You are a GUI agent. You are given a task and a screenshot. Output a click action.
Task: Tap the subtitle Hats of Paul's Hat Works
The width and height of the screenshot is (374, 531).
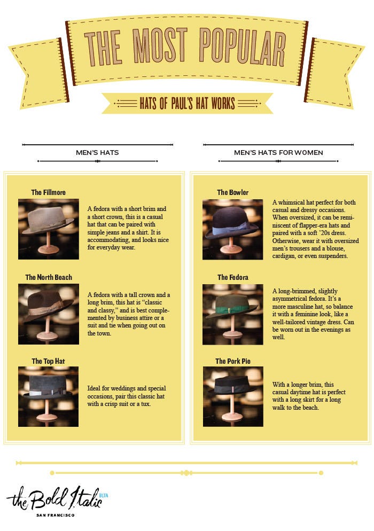(x=187, y=103)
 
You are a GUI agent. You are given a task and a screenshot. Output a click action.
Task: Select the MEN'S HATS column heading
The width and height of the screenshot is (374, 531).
(x=97, y=153)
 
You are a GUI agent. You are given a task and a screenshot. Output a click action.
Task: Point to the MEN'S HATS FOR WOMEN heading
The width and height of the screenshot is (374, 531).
(x=278, y=153)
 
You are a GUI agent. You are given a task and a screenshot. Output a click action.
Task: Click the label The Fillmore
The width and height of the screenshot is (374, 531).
(x=49, y=192)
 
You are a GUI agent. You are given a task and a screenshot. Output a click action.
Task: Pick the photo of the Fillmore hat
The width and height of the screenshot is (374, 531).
(x=48, y=229)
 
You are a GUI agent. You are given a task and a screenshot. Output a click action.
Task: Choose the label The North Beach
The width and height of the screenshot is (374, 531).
(x=49, y=277)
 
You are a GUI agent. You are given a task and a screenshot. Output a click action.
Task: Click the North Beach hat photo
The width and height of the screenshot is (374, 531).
(x=48, y=314)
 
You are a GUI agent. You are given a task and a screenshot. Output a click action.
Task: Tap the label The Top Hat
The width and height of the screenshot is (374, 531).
(x=48, y=361)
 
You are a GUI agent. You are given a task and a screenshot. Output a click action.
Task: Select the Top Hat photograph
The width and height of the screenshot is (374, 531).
(x=48, y=396)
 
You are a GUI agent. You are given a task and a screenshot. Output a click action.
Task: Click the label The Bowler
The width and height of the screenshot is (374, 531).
(x=232, y=192)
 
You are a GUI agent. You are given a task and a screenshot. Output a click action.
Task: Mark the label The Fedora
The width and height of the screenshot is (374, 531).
(x=232, y=277)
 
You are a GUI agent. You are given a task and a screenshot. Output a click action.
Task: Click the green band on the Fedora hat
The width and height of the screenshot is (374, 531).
(x=230, y=310)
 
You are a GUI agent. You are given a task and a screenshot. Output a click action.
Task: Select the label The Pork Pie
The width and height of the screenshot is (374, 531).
(x=232, y=361)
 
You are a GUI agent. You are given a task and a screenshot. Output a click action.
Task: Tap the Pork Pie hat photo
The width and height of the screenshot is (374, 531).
(x=233, y=396)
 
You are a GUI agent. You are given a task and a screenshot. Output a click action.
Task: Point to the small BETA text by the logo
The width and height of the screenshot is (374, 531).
(x=104, y=496)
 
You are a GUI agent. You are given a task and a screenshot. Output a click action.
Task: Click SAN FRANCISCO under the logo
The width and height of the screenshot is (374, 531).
(x=56, y=516)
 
